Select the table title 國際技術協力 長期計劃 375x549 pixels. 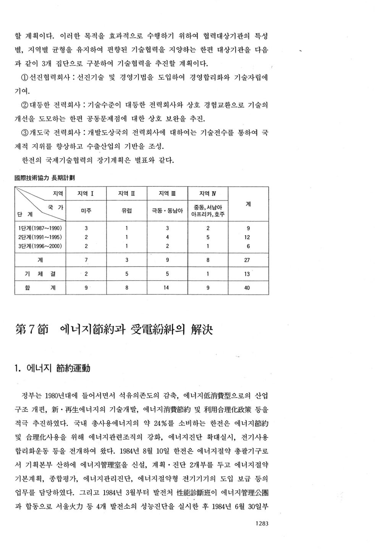(44, 178)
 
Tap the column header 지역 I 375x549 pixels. (86, 194)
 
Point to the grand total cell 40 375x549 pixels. (247, 288)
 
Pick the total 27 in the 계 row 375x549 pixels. (247, 260)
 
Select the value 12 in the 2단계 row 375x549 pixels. (247, 237)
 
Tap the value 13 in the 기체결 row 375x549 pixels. (247, 274)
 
